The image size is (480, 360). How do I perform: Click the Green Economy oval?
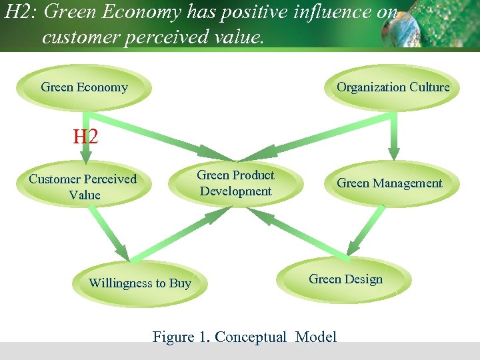pos(85,87)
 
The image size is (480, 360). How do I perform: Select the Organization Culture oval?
pos(393,87)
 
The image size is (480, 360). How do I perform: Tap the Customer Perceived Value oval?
pos(83,187)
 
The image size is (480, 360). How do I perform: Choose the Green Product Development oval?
pos(235,183)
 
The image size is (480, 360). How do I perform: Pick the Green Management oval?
pos(389,183)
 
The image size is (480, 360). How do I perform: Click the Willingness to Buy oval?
pos(140,283)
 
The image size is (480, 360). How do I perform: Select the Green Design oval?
pos(345,279)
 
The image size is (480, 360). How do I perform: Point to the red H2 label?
pos(85,137)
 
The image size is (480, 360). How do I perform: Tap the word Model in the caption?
pos(316,337)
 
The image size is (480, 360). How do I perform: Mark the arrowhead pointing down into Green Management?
pos(395,155)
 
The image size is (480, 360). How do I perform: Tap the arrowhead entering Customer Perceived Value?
pos(85,159)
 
